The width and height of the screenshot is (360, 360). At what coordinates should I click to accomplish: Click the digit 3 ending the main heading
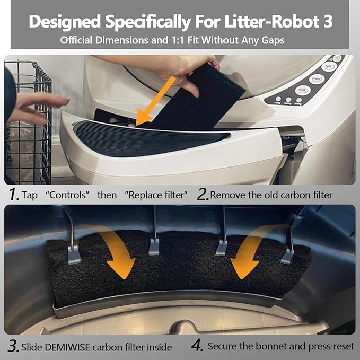coord(328,22)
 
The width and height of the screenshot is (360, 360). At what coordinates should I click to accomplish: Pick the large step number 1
coord(14,194)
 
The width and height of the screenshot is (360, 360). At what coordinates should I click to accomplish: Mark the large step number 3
coord(14,346)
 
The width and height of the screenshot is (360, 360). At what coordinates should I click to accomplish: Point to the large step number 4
coord(197,345)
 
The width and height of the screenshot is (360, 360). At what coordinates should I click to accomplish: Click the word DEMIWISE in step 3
coord(67,347)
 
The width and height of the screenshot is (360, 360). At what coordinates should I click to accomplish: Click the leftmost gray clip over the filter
coord(74,254)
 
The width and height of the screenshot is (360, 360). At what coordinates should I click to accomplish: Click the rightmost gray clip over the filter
coord(287,257)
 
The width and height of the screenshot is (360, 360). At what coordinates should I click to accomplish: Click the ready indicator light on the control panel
coord(278,99)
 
